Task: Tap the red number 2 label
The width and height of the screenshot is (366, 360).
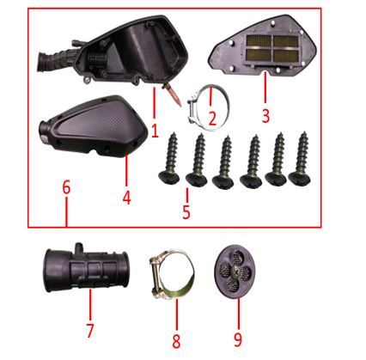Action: click(x=212, y=119)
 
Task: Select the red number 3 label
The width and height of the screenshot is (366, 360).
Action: click(x=265, y=116)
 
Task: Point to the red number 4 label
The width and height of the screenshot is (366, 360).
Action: click(x=127, y=198)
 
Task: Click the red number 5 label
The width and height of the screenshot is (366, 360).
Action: click(x=186, y=212)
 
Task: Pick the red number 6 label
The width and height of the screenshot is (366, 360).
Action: click(x=66, y=187)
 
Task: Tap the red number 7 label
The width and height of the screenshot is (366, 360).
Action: click(x=90, y=330)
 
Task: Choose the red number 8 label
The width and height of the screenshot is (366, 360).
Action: click(x=176, y=341)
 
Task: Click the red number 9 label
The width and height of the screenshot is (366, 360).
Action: click(x=238, y=339)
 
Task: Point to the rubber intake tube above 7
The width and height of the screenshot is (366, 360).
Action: click(x=86, y=268)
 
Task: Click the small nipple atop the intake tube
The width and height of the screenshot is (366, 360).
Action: click(x=78, y=247)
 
